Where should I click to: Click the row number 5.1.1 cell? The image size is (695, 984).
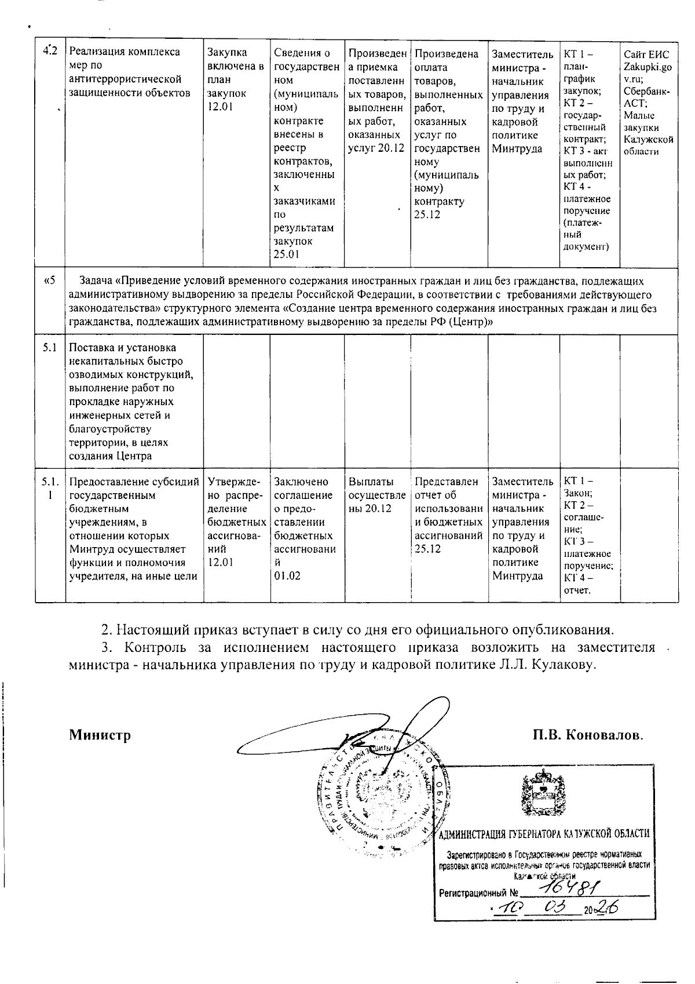pyautogui.click(x=50, y=488)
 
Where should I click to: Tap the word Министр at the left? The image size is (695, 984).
pyautogui.click(x=100, y=735)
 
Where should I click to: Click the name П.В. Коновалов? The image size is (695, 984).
pyautogui.click(x=588, y=735)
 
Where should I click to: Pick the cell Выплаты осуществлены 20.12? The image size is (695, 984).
pyautogui.click(x=377, y=494)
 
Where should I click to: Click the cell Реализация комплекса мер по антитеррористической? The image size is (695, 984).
pyautogui.click(x=132, y=72)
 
